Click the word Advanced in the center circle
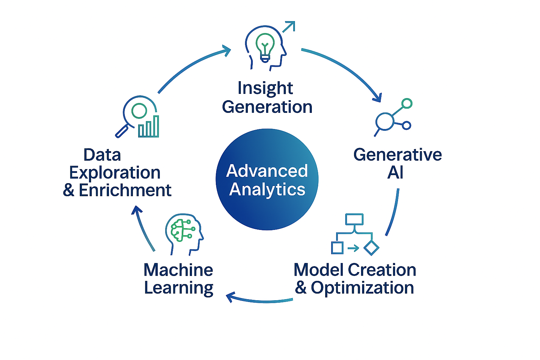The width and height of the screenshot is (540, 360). tap(267, 171)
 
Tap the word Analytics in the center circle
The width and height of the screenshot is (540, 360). tap(267, 189)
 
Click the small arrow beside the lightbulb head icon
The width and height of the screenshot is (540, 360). tap(289, 27)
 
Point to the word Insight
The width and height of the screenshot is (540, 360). tap(265, 88)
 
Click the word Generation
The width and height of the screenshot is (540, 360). tap(267, 107)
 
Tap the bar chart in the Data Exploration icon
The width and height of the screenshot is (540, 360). tap(149, 127)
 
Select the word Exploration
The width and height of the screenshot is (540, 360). tap(115, 173)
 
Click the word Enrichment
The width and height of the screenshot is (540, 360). tap(125, 191)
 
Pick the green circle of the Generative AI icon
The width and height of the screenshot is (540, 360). tap(407, 103)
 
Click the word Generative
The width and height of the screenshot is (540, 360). tap(398, 155)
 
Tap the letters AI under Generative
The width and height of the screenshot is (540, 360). tap(395, 173)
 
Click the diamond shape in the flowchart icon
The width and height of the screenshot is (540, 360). tap(371, 248)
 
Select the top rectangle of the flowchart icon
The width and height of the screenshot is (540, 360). tap(354, 219)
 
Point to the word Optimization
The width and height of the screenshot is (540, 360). tap(362, 288)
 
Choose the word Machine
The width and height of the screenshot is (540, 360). tap(178, 270)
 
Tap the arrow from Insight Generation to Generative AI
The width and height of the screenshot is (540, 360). tap(348, 70)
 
